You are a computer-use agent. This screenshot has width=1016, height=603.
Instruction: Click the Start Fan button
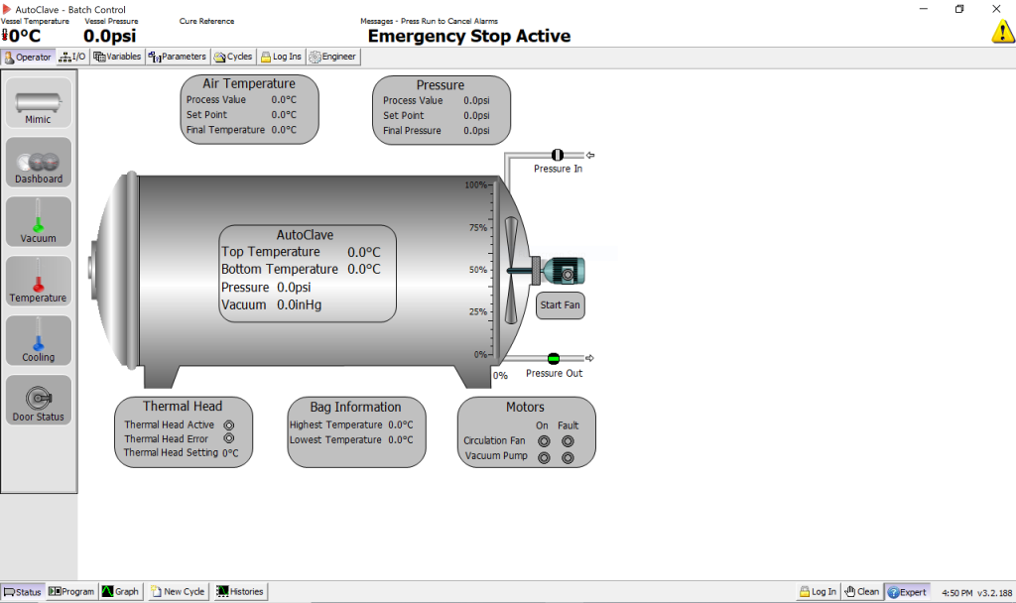click(x=560, y=305)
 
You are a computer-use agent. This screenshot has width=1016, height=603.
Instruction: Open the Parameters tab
click(x=178, y=57)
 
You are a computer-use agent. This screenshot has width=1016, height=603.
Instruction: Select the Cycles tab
click(x=233, y=57)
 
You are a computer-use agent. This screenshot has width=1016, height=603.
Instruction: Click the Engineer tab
click(x=332, y=57)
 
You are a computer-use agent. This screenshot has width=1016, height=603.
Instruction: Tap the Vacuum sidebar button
click(x=39, y=222)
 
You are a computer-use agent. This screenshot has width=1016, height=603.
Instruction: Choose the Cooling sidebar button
click(x=39, y=341)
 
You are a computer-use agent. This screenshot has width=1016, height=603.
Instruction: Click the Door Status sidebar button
click(x=39, y=401)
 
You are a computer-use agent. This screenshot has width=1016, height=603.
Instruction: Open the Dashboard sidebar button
click(x=39, y=163)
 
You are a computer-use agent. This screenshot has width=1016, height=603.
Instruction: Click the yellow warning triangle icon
click(x=1002, y=32)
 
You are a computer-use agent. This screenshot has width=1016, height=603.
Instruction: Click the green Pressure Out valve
click(x=554, y=358)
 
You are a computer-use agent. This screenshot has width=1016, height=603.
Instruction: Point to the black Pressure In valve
click(x=557, y=155)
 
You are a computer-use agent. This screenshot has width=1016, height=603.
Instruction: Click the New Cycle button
click(x=178, y=592)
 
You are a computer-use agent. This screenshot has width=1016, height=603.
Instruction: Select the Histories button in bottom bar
click(x=240, y=592)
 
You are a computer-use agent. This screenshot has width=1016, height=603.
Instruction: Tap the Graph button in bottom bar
click(x=120, y=592)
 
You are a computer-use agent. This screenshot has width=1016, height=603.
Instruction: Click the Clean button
click(x=861, y=592)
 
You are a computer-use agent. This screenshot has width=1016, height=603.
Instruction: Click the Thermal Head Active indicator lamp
click(x=229, y=424)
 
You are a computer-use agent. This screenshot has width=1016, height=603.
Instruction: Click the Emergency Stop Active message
click(x=468, y=36)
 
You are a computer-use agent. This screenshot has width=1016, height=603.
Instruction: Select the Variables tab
click(x=117, y=57)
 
